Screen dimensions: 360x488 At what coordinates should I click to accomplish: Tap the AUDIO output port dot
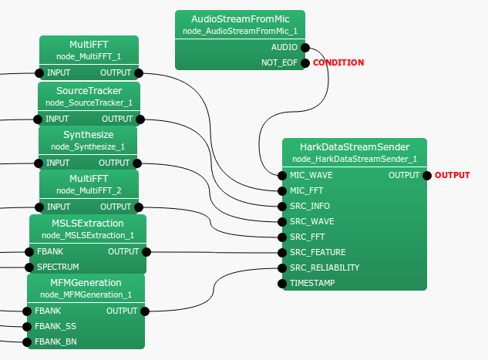305,47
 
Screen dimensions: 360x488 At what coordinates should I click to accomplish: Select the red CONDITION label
338,62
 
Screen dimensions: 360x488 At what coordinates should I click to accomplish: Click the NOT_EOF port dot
305,62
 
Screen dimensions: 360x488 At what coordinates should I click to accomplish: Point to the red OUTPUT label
452,175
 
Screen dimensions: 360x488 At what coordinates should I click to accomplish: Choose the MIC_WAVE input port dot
282,175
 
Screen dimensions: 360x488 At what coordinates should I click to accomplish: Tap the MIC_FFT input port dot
282,190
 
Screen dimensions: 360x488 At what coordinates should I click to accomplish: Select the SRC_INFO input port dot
282,206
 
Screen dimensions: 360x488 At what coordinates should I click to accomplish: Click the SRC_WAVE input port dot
282,221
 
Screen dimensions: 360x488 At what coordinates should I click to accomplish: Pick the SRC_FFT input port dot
282,237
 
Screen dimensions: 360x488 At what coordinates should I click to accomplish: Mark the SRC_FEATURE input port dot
282,252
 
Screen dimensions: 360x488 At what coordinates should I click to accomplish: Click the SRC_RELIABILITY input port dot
282,267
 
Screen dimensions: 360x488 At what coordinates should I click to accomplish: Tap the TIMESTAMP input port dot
282,283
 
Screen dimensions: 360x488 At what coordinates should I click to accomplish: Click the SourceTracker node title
89,91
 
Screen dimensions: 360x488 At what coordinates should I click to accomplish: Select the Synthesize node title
89,135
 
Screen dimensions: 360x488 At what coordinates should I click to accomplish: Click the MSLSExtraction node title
87,224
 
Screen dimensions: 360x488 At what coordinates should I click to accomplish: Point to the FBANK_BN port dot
26,341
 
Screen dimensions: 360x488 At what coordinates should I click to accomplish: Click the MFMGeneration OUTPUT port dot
144,311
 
